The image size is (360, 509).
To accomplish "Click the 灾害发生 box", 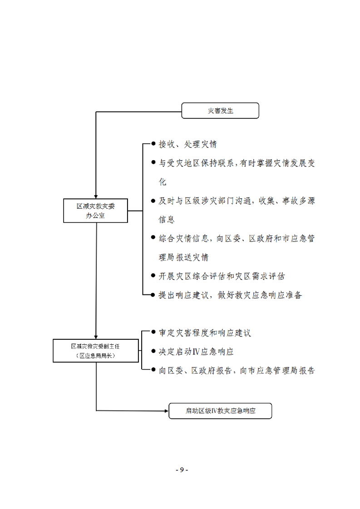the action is click(220, 111).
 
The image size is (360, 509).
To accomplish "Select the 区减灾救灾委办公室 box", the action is click(95, 210).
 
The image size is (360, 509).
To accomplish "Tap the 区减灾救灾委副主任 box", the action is click(96, 351).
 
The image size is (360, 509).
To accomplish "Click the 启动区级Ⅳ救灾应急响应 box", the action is click(220, 411).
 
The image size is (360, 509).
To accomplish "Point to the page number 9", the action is click(182, 470).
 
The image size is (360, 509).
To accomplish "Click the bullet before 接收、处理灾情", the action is click(153, 143).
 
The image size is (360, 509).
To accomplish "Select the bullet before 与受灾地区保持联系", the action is click(153, 162).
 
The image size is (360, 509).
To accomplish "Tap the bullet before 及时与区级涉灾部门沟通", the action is click(153, 201).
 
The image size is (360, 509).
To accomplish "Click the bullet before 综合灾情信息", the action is click(153, 237).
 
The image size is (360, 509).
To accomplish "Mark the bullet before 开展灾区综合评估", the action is click(153, 276).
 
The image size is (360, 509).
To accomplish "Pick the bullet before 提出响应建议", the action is click(153, 295).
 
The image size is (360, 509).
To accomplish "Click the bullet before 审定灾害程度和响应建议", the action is click(153, 332).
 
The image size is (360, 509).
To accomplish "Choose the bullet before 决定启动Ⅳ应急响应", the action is click(153, 351).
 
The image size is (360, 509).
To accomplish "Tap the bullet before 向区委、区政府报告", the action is click(153, 369).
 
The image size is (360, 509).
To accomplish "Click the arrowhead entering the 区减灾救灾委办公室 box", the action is click(96, 197).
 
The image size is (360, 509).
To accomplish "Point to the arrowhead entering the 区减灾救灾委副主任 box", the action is click(96, 337).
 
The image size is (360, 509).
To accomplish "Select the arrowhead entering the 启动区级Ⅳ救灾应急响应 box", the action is click(167, 411).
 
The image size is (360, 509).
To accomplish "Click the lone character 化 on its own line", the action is click(163, 182).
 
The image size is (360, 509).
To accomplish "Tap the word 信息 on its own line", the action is click(167, 220).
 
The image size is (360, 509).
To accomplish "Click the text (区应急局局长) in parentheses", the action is click(96, 356).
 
